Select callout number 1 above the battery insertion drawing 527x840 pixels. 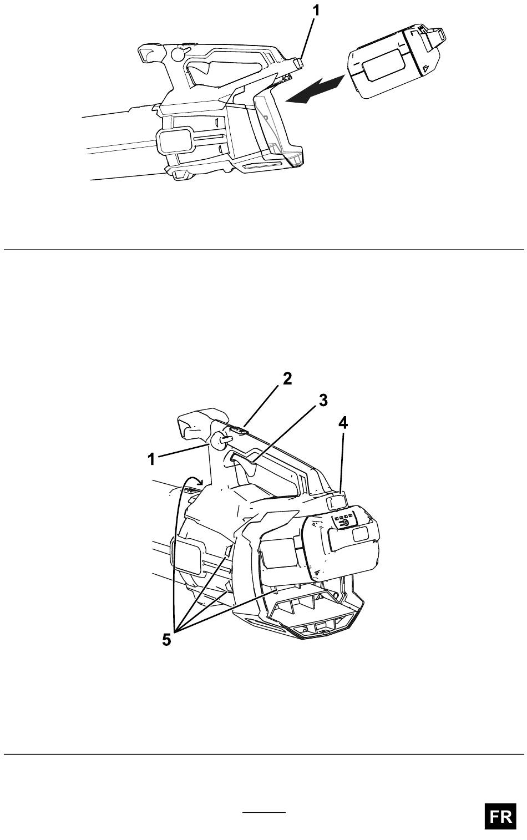[x=315, y=10]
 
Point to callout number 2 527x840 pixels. [x=287, y=379]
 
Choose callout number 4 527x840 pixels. [x=343, y=423]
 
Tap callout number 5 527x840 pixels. [x=166, y=640]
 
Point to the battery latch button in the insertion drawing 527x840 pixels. [x=298, y=62]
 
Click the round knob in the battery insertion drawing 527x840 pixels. [x=178, y=54]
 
